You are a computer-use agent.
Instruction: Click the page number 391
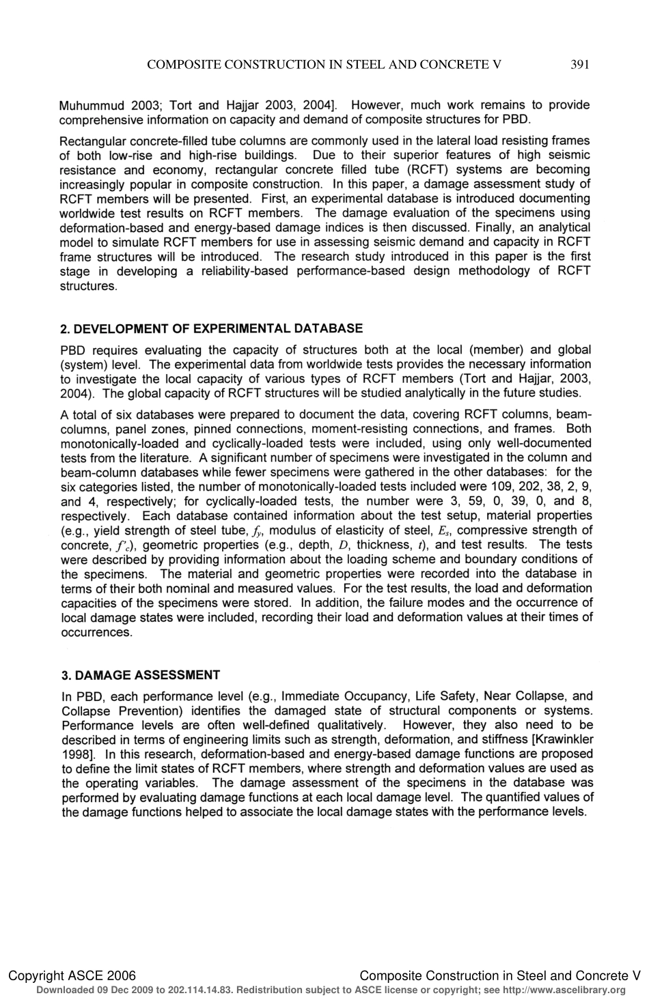click(x=579, y=65)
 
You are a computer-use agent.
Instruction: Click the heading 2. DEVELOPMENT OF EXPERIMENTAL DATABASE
click(x=212, y=328)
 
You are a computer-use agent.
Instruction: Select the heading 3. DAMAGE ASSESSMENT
click(x=141, y=675)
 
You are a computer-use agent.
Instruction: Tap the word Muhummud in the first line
click(x=92, y=106)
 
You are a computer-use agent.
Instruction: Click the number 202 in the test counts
click(x=530, y=487)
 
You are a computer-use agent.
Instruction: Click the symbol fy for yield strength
click(x=258, y=531)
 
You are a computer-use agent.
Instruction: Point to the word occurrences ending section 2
click(x=96, y=632)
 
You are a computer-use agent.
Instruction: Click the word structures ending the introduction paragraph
click(x=89, y=286)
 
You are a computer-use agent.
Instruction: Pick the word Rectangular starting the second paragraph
click(x=92, y=141)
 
